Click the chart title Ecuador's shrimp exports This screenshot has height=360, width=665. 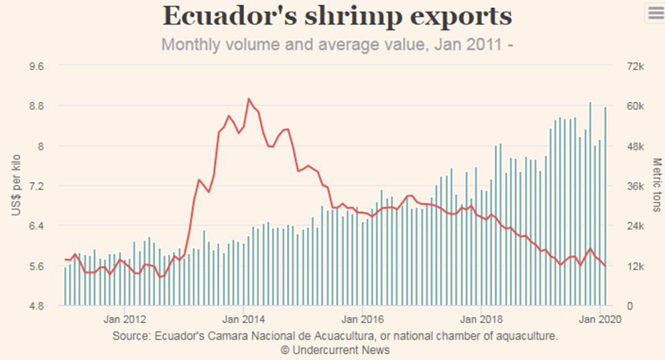[x=337, y=16]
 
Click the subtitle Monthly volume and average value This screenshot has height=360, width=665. [x=337, y=46]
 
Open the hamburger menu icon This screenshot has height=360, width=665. [x=654, y=12]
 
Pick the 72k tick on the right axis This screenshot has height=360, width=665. [x=634, y=66]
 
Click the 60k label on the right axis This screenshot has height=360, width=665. [x=634, y=106]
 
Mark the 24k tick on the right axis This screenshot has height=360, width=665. [x=634, y=226]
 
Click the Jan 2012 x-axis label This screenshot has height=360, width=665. [x=125, y=319]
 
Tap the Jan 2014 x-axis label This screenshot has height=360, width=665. [x=243, y=319]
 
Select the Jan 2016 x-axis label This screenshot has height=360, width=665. [x=363, y=319]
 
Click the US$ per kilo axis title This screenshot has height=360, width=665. [x=16, y=186]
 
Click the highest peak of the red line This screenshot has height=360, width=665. [x=249, y=99]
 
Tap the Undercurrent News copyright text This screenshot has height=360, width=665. [x=335, y=350]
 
